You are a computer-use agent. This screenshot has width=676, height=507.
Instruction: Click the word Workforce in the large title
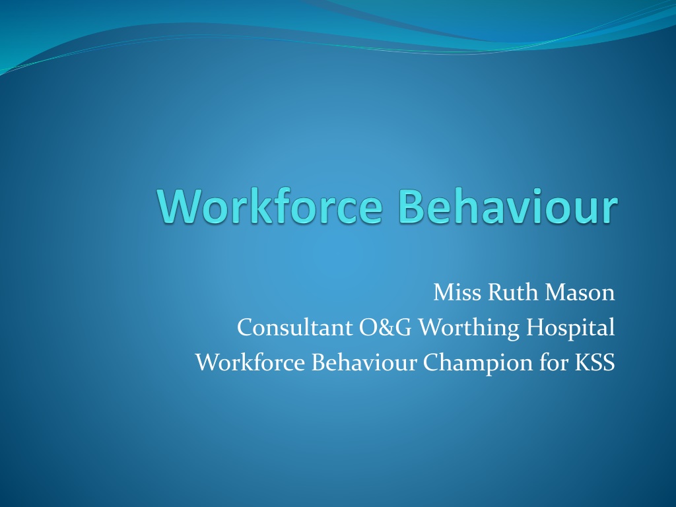270,206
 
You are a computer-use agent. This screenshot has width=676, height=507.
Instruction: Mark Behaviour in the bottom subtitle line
364,362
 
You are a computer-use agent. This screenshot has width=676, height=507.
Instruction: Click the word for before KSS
554,362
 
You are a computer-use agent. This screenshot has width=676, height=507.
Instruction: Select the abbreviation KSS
595,362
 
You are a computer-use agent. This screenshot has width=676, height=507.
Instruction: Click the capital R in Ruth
496,292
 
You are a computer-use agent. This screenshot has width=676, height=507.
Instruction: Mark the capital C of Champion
430,362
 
